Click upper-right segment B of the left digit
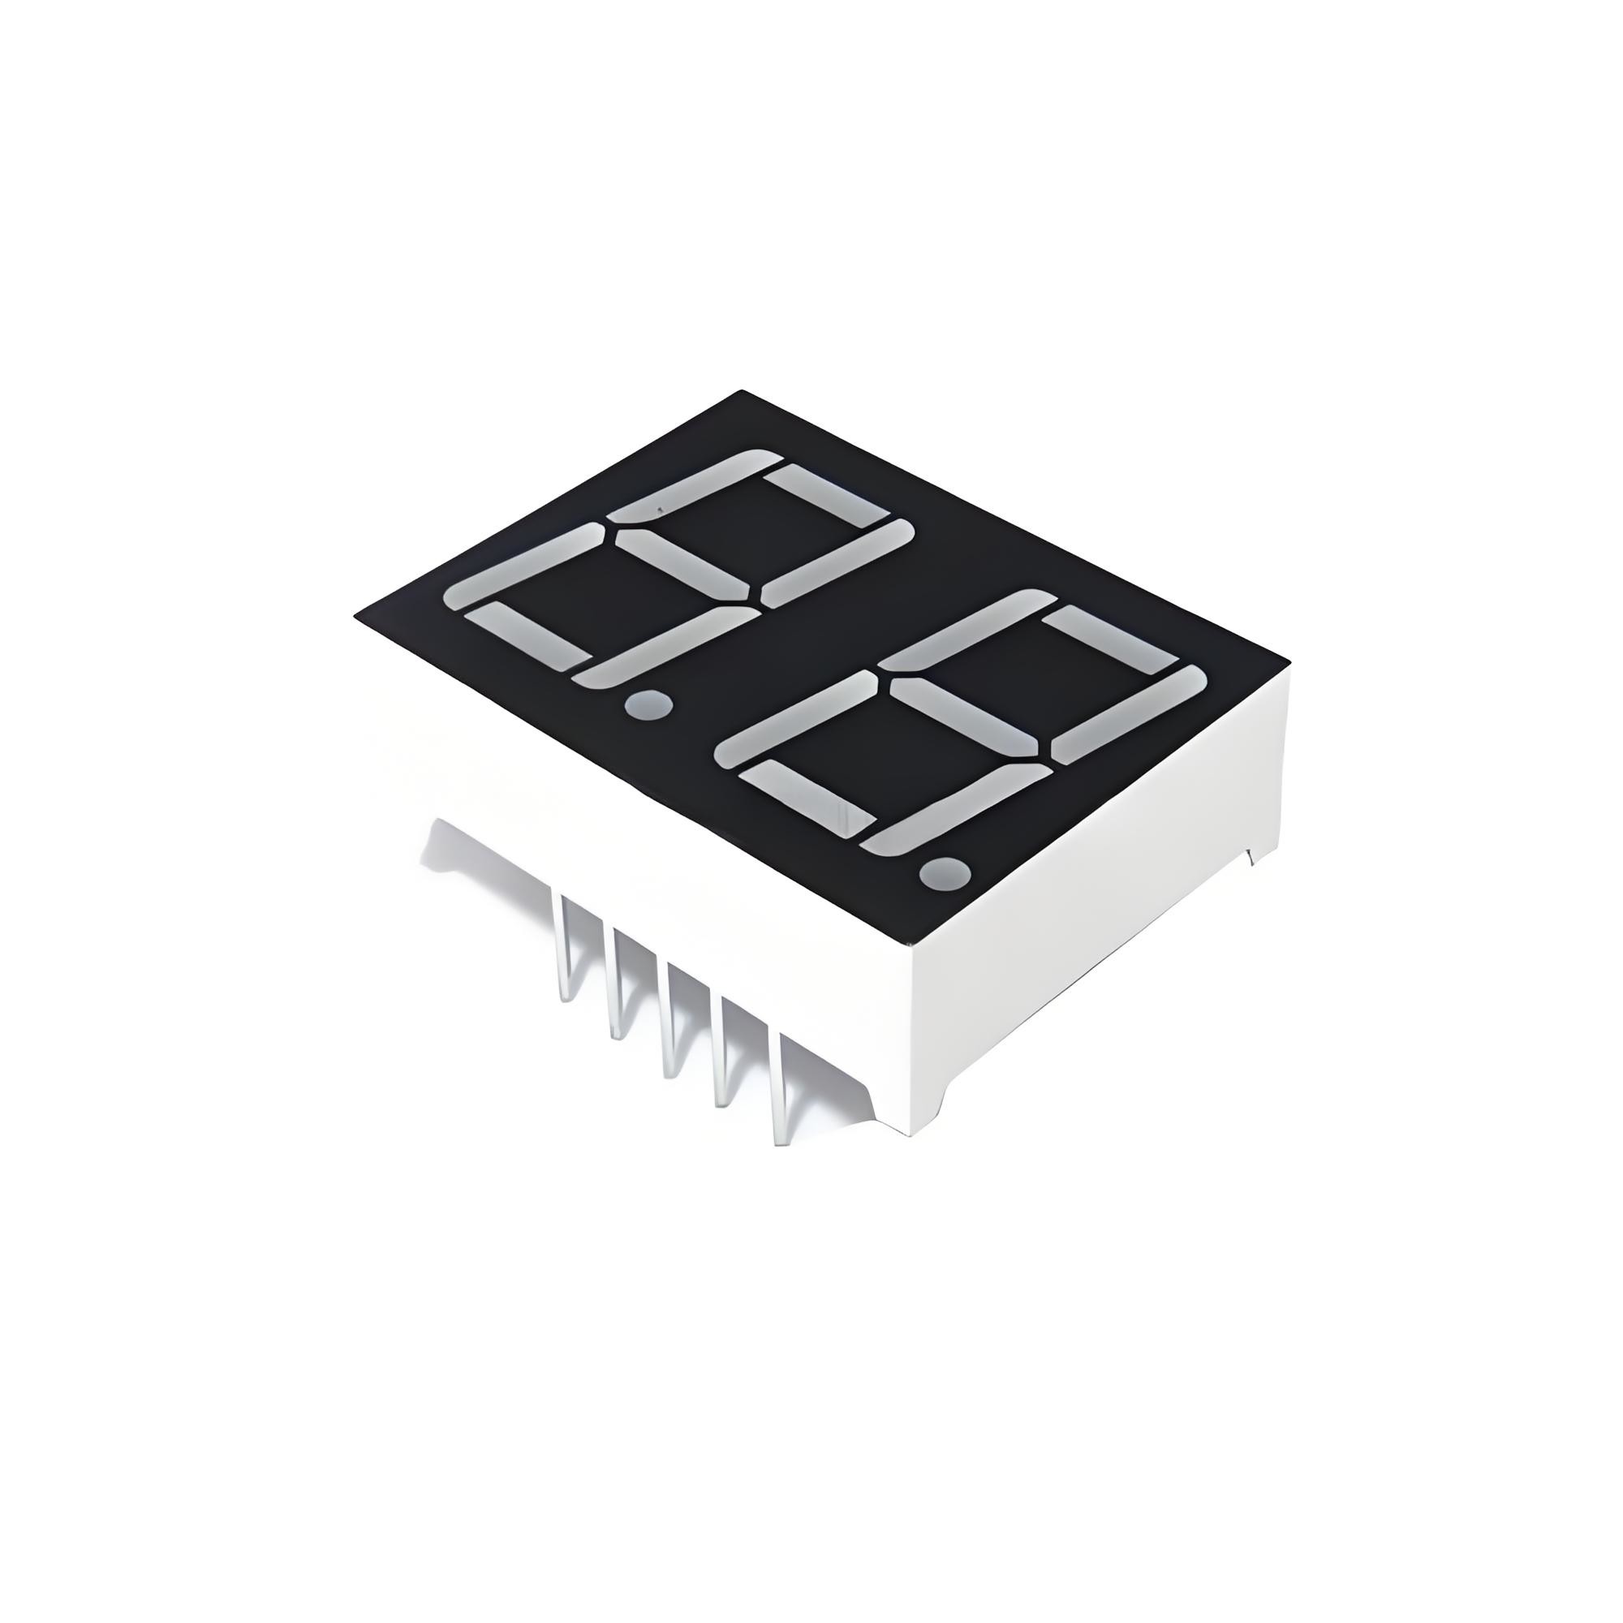coord(836,562)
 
